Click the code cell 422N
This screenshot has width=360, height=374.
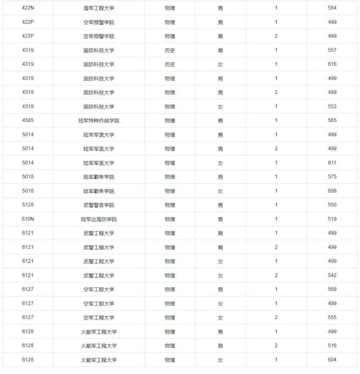click(x=28, y=8)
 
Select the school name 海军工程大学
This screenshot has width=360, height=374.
click(x=98, y=8)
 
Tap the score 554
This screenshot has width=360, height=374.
click(x=332, y=8)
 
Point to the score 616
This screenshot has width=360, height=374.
click(x=332, y=64)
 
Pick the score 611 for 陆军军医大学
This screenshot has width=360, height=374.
click(x=332, y=163)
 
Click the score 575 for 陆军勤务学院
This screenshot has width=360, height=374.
click(x=332, y=177)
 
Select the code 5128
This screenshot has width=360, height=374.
click(x=28, y=205)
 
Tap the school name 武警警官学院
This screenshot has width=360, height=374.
click(x=98, y=205)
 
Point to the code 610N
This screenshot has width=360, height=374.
click(x=28, y=219)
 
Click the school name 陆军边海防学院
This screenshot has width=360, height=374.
click(x=98, y=219)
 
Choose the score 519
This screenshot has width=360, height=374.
click(x=332, y=219)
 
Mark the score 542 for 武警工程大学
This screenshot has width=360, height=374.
click(x=332, y=275)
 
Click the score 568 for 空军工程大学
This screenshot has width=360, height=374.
click(x=332, y=289)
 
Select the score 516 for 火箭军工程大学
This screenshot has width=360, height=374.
click(x=332, y=345)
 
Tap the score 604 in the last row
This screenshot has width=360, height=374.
click(x=332, y=360)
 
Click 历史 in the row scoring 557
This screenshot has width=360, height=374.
click(x=169, y=51)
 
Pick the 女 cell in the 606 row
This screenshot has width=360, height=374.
click(x=221, y=191)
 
